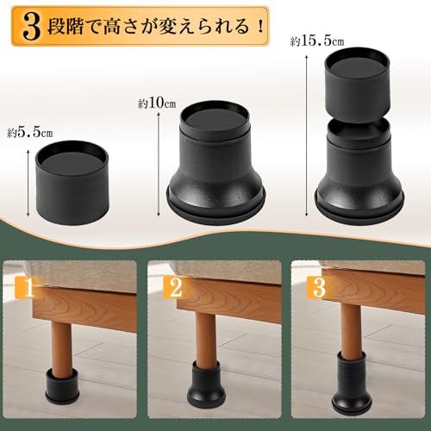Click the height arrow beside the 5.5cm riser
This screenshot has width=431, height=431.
click(19, 177)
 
